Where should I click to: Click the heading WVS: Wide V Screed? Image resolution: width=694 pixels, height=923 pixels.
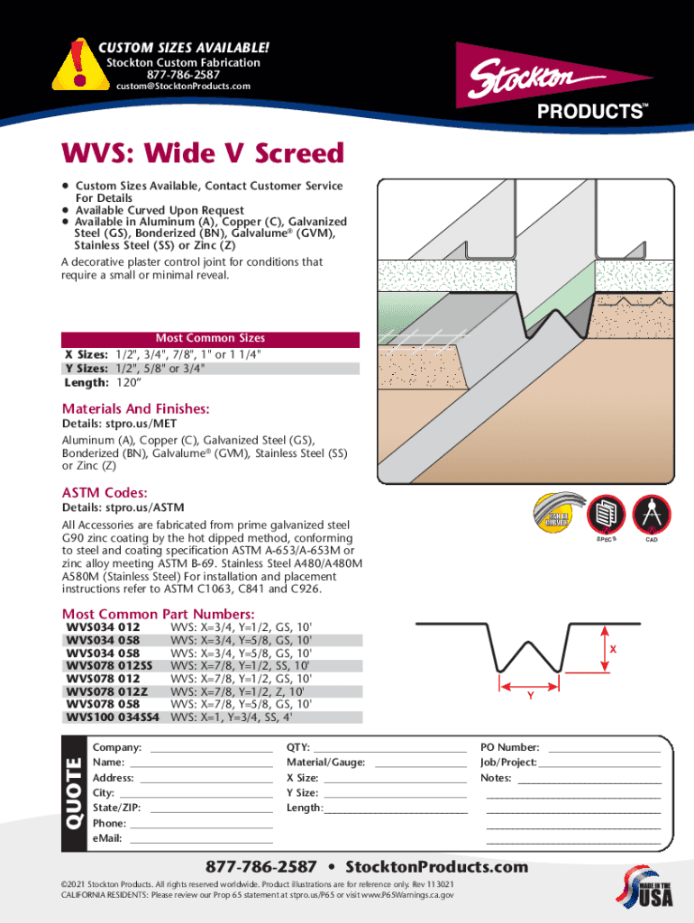203,153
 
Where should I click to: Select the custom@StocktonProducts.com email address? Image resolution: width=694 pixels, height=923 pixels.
183,87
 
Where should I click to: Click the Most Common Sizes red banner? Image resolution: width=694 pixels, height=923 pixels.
210,339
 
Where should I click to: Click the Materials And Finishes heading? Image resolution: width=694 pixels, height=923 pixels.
135,409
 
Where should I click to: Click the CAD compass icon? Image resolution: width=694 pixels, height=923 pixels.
651,515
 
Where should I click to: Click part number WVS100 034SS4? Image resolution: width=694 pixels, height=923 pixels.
113,717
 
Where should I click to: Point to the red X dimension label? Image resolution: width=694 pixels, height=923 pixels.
612,649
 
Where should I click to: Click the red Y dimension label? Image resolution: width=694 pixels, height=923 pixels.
531,696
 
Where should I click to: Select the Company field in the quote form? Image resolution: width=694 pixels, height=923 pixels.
211,748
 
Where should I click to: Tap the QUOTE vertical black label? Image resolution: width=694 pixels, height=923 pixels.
73,794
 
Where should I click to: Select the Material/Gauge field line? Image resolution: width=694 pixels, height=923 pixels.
419,763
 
